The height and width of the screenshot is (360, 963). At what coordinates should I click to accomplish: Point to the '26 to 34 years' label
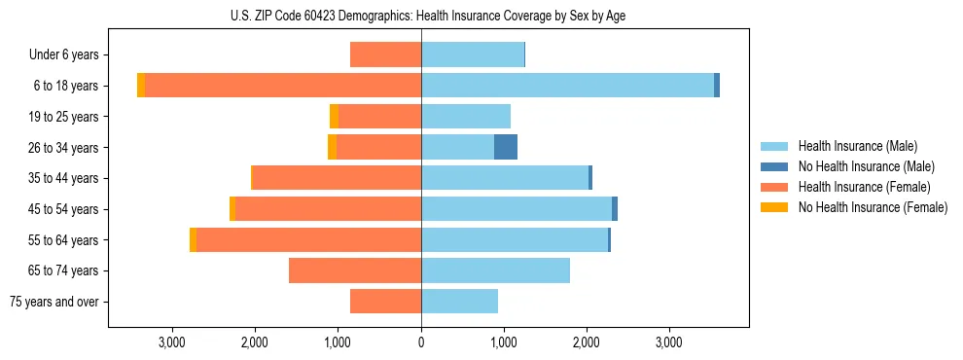pyautogui.click(x=64, y=148)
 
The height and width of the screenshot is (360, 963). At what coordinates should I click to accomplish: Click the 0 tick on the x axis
pyautogui.click(x=421, y=342)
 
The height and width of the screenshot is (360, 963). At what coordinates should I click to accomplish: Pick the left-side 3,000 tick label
pyautogui.click(x=172, y=342)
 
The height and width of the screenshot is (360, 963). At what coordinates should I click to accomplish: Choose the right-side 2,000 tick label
pyautogui.click(x=587, y=342)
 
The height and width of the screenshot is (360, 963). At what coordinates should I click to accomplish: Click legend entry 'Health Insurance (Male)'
pyautogui.click(x=857, y=146)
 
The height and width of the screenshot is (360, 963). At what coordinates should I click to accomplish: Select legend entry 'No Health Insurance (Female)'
pyautogui.click(x=873, y=207)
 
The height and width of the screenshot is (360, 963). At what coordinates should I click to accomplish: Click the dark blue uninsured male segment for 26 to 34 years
pyautogui.click(x=506, y=147)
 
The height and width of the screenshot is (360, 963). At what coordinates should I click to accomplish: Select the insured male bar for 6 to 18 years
pyautogui.click(x=567, y=86)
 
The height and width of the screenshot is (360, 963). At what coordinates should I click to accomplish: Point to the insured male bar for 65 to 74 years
pyautogui.click(x=495, y=270)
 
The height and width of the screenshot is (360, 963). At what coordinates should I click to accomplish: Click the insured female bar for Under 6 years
pyautogui.click(x=385, y=55)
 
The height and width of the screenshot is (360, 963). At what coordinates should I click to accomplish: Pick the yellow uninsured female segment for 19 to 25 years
pyautogui.click(x=334, y=117)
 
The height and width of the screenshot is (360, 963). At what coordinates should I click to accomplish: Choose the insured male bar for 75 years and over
pyautogui.click(x=459, y=302)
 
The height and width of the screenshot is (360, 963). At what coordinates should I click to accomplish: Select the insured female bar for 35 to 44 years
pyautogui.click(x=337, y=178)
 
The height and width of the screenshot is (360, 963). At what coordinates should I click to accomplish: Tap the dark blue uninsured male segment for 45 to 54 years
pyautogui.click(x=615, y=209)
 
